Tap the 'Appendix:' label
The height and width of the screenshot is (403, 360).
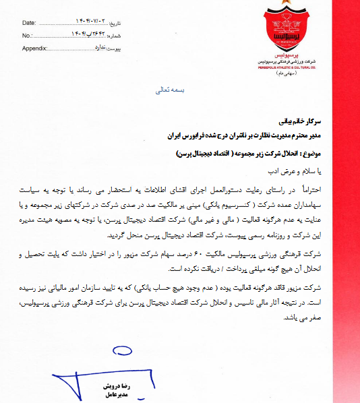[34, 49]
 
